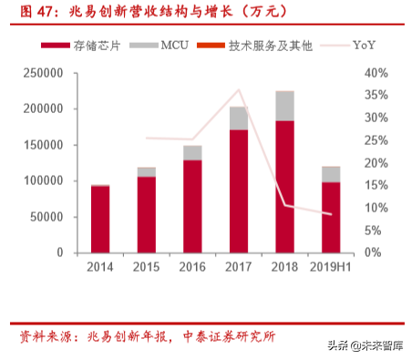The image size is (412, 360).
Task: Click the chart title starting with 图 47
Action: [x=118, y=12]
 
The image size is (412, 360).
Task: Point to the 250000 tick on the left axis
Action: [x=43, y=73]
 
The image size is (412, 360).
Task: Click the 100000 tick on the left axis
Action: [x=43, y=180]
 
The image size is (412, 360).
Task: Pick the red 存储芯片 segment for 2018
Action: [x=284, y=187]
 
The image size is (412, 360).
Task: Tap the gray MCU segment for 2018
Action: [x=284, y=106]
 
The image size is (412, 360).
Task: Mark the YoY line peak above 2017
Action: [x=239, y=89]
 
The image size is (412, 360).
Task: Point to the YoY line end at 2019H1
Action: [x=331, y=214]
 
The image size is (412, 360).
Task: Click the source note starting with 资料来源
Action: [x=146, y=336]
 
